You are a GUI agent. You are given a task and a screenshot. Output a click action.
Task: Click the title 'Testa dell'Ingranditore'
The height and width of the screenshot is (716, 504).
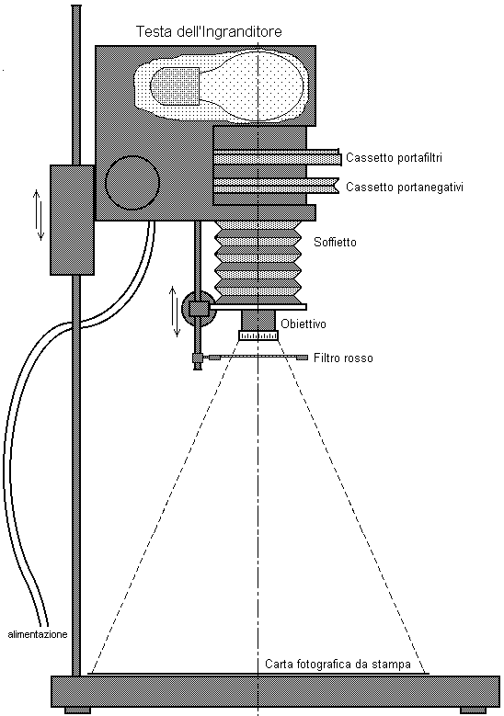(x=209, y=32)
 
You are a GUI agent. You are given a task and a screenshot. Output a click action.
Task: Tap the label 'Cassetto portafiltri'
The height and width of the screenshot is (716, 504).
(x=394, y=157)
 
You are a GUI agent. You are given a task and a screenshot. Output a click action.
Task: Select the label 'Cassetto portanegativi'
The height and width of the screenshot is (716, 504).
(x=405, y=188)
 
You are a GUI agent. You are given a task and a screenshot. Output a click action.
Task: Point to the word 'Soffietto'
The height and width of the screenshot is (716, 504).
(x=335, y=242)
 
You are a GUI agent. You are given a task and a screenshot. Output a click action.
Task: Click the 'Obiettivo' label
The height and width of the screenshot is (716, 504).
(x=304, y=324)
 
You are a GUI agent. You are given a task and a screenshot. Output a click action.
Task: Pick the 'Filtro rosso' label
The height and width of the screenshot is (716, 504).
(x=343, y=358)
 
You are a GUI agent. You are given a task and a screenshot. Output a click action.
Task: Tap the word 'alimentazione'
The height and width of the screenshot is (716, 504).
(x=38, y=634)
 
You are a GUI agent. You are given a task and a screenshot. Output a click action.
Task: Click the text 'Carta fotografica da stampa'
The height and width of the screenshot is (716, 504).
(x=338, y=664)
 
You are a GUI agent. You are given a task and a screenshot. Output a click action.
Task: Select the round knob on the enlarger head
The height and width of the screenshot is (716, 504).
(x=132, y=182)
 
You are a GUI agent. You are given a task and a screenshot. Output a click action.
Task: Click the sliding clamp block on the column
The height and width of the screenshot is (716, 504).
(x=72, y=220)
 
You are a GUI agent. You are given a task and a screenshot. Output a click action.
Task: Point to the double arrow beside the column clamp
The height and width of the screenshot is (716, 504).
(x=39, y=215)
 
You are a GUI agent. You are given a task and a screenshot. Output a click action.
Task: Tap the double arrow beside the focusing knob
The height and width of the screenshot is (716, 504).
(x=174, y=312)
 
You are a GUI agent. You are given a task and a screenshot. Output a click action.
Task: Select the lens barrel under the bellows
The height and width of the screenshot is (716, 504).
(x=258, y=320)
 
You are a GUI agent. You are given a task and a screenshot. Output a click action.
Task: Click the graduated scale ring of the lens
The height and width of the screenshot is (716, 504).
(x=258, y=335)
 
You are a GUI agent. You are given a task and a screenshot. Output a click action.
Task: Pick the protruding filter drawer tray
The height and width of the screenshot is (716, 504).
(x=278, y=157)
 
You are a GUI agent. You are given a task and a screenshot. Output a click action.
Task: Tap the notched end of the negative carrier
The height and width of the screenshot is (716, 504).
(x=337, y=185)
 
